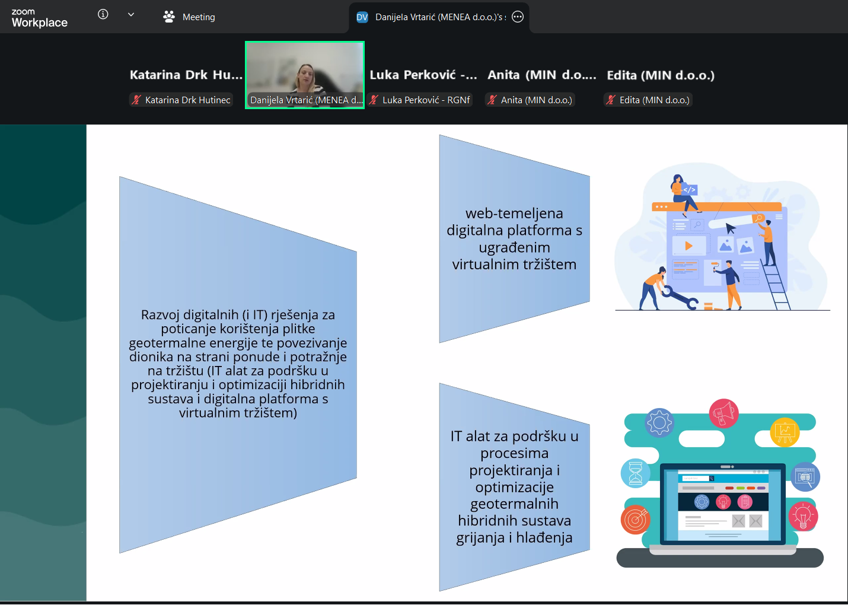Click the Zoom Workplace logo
pyautogui.click(x=39, y=18)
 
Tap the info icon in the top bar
pyautogui.click(x=103, y=14)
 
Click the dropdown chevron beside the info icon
pyautogui.click(x=131, y=15)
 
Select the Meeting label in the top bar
pyautogui.click(x=199, y=17)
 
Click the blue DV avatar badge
pyautogui.click(x=362, y=17)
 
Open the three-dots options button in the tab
pyautogui.click(x=518, y=17)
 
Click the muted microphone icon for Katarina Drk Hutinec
pyautogui.click(x=136, y=100)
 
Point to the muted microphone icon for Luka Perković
pyautogui.click(x=374, y=100)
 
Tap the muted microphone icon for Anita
pyautogui.click(x=492, y=100)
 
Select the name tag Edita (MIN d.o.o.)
pyautogui.click(x=648, y=100)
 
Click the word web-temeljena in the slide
pyautogui.click(x=514, y=214)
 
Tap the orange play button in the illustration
pyautogui.click(x=688, y=246)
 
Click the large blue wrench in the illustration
pyautogui.click(x=680, y=298)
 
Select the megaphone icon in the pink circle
pyautogui.click(x=723, y=413)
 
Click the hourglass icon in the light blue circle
pyautogui.click(x=636, y=473)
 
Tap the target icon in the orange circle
pyautogui.click(x=636, y=520)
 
